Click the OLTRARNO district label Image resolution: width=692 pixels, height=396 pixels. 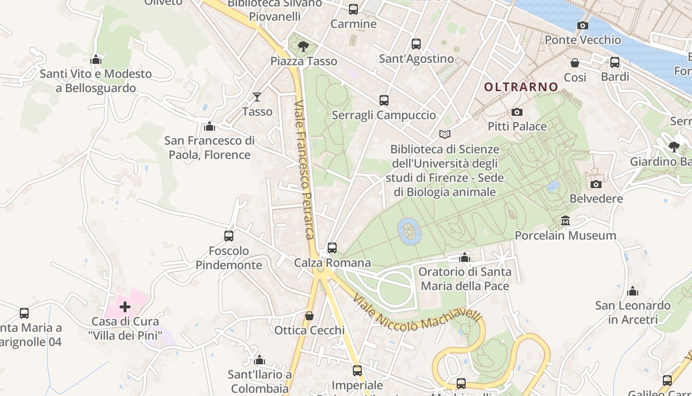pyautogui.click(x=521, y=87)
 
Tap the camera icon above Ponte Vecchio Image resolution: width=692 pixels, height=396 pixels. pyautogui.click(x=583, y=26)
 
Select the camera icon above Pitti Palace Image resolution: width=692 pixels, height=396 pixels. pyautogui.click(x=517, y=112)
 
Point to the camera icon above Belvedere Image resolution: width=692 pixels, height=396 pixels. pyautogui.click(x=596, y=185)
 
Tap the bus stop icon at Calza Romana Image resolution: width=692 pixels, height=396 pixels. pyautogui.click(x=332, y=248)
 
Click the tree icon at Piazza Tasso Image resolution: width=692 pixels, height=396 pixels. pyautogui.click(x=303, y=47)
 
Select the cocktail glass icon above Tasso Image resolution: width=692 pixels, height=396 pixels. pyautogui.click(x=257, y=97)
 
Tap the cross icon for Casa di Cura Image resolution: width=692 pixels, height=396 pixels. pyautogui.click(x=125, y=307)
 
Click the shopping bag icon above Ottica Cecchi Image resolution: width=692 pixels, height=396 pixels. pyautogui.click(x=309, y=316)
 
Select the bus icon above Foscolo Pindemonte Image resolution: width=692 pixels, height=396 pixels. pyautogui.click(x=229, y=236)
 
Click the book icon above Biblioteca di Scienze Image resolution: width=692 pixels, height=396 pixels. pyautogui.click(x=445, y=135)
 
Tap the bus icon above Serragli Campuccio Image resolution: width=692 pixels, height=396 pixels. pyautogui.click(x=384, y=100)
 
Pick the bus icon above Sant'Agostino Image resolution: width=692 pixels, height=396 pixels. pyautogui.click(x=416, y=44)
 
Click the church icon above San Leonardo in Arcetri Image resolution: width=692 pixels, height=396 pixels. pyautogui.click(x=633, y=291)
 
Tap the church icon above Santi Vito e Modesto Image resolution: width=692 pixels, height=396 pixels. pyautogui.click(x=96, y=60)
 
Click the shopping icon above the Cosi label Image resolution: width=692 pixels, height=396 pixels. pyautogui.click(x=575, y=63)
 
